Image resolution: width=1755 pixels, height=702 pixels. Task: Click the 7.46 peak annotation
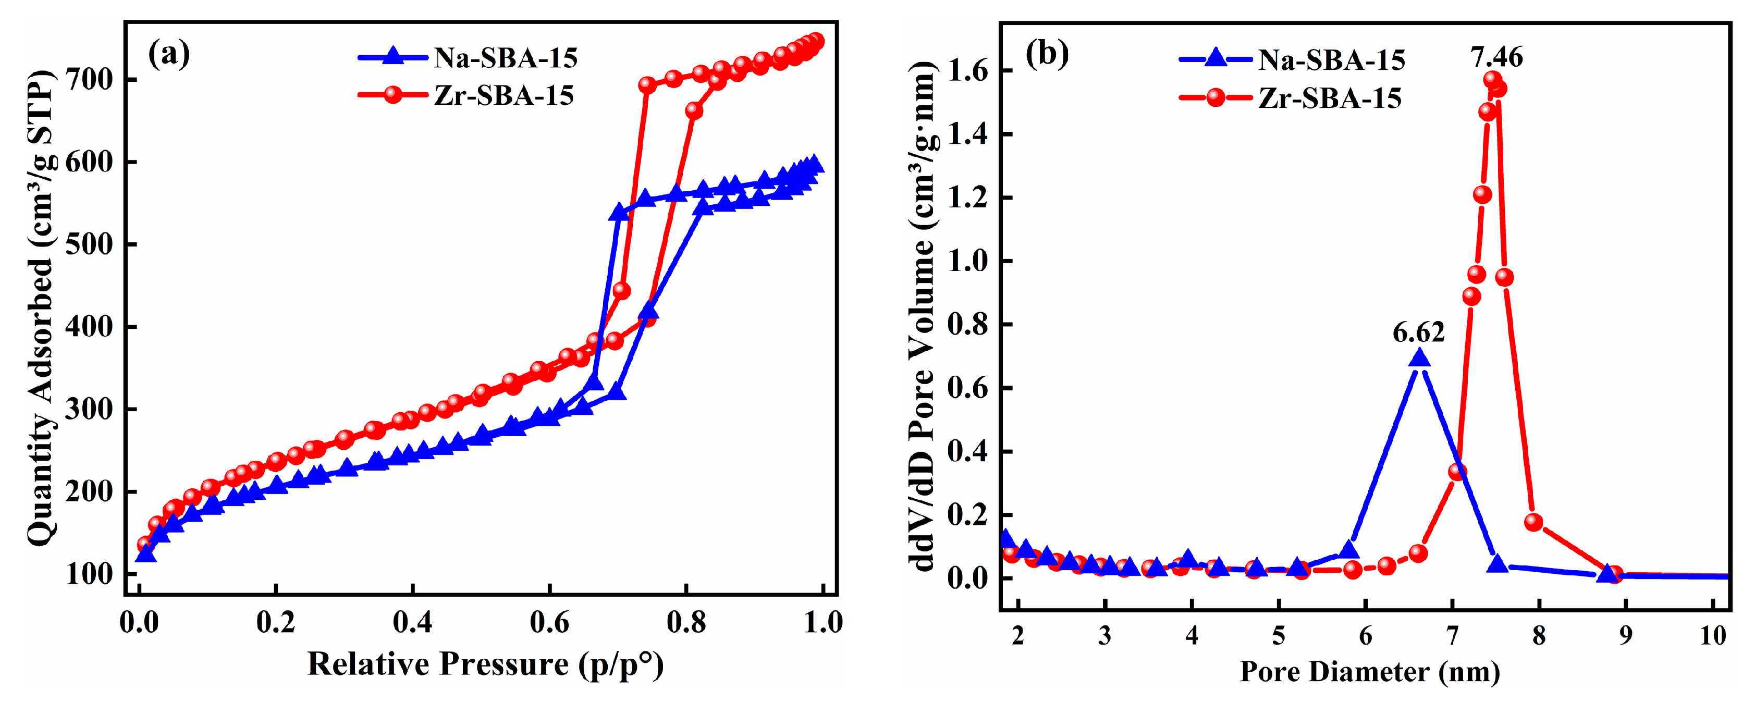[1496, 56]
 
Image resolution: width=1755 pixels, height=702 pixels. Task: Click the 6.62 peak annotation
[1418, 332]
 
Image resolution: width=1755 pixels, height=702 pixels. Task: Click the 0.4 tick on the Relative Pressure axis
[412, 622]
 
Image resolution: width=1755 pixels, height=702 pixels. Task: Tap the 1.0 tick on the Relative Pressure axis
[823, 622]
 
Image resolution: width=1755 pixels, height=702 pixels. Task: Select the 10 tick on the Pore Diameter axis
[1713, 636]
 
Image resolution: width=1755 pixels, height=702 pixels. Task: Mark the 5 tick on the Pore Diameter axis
[1279, 636]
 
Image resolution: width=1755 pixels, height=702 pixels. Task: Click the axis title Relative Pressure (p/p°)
[485, 664]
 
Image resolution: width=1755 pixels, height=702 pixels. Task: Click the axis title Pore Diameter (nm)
[1369, 673]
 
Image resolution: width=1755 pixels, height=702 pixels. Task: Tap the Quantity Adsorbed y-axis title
[41, 306]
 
